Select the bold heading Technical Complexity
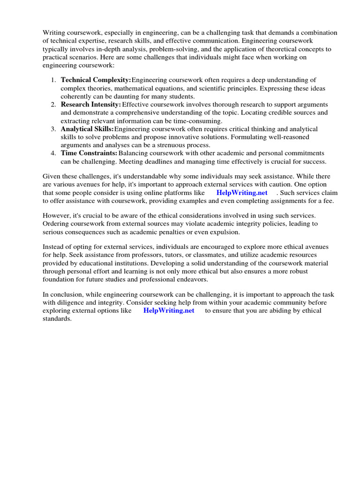point(96,80)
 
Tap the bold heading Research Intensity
point(91,105)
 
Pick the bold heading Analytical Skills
point(87,129)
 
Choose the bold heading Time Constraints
point(89,153)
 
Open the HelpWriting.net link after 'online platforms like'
point(242,193)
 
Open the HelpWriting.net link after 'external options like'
point(169,311)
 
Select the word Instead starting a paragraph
point(54,247)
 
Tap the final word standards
point(57,319)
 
